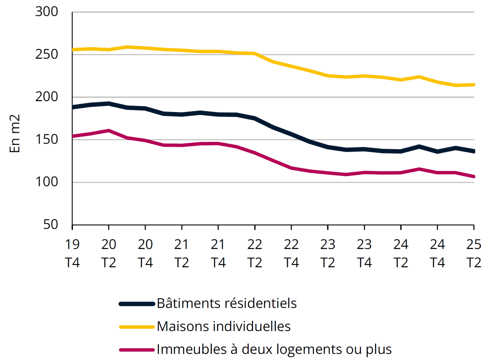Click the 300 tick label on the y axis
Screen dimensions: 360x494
coord(46,12)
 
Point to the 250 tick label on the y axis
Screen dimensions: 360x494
coord(46,54)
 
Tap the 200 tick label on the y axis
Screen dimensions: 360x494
coord(46,97)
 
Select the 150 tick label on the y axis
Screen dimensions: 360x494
coord(46,139)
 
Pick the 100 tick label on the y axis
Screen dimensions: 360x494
coord(46,182)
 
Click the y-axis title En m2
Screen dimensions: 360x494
coord(15,133)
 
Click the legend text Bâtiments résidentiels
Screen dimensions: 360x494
coord(227,303)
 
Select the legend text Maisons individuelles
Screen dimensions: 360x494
coord(223,326)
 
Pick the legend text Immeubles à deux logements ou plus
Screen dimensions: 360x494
coord(274,350)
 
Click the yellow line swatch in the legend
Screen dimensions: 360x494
coord(137,327)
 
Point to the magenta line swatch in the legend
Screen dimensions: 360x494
coord(137,350)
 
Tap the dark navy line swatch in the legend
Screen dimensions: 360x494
coord(137,304)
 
